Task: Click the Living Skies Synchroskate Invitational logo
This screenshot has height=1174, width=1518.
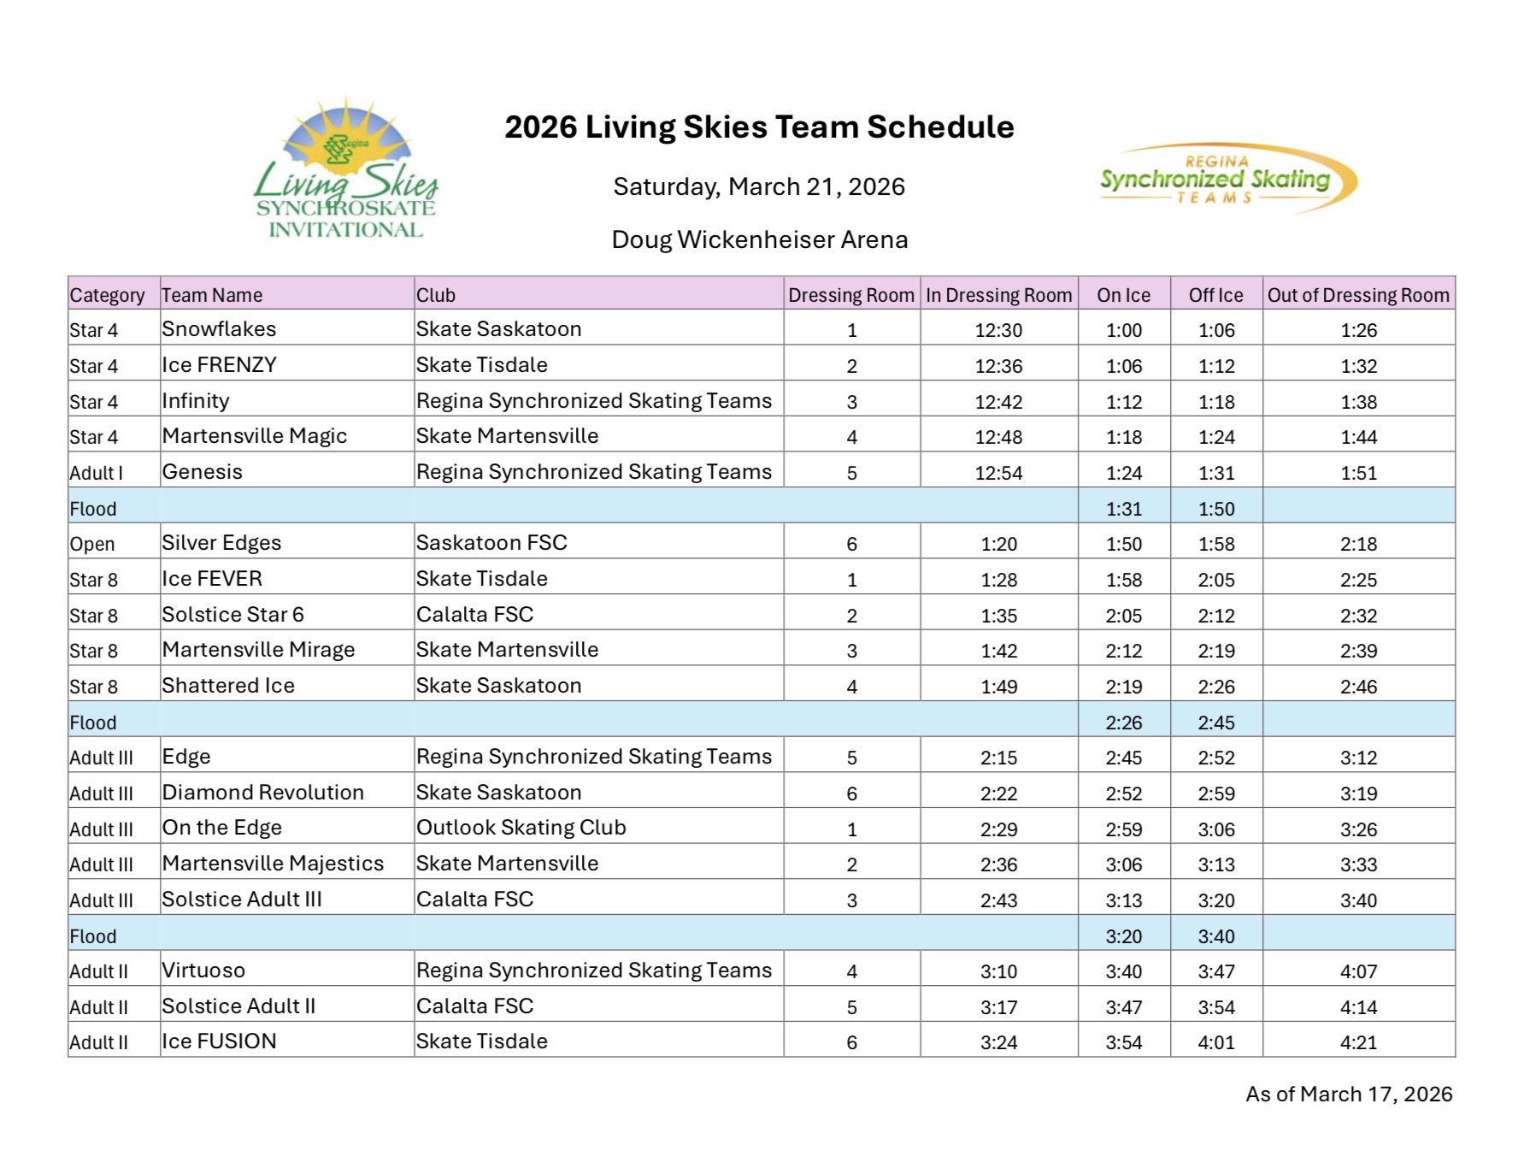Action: pos(346,171)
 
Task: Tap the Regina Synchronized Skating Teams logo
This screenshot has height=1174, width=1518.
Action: pos(1227,178)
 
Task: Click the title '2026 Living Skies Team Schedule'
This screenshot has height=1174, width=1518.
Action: pos(759,127)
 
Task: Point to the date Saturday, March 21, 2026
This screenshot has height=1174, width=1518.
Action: pos(759,187)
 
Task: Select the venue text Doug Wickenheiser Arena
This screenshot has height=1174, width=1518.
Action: pos(759,239)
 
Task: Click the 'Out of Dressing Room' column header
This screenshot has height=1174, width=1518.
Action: pos(1358,295)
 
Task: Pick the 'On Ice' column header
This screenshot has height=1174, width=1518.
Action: pos(1123,295)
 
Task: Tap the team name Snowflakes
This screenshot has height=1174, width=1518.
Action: pos(219,329)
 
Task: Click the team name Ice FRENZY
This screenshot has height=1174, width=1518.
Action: pos(219,365)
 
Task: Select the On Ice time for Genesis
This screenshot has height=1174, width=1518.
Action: pos(1123,473)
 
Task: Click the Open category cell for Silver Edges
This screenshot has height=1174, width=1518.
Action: pos(92,544)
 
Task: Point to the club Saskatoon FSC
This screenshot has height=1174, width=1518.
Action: pos(491,543)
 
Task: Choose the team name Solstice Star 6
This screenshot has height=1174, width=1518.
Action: pos(232,615)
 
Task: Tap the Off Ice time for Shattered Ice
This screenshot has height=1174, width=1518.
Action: pos(1215,687)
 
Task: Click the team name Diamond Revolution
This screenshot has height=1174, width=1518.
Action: pos(262,793)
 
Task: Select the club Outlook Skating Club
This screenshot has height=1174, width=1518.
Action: pos(521,828)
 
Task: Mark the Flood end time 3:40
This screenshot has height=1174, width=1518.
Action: pos(1215,936)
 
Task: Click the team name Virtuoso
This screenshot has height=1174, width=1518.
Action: pos(203,970)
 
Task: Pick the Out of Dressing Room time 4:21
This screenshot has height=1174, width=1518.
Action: pos(1358,1042)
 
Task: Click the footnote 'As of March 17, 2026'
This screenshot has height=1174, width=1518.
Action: pos(1348,1094)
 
